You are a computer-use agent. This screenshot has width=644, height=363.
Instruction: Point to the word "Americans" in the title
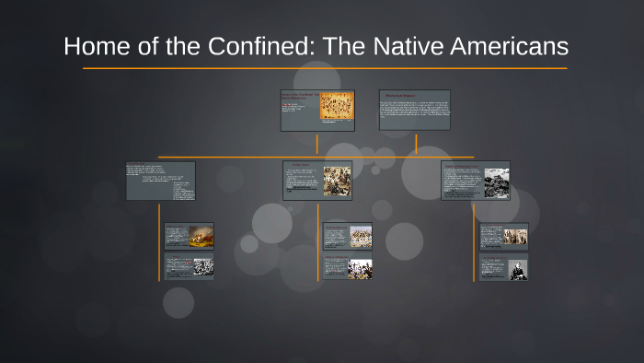[x=524, y=46]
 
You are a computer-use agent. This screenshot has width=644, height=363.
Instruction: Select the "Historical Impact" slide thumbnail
[x=415, y=110]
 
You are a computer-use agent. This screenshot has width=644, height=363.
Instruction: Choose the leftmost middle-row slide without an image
[x=160, y=181]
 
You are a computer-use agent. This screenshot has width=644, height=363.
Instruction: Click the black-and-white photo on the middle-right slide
[x=497, y=181]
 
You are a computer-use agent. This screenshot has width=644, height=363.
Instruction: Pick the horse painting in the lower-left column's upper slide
[x=201, y=237]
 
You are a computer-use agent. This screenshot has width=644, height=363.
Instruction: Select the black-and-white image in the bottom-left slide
[x=202, y=267]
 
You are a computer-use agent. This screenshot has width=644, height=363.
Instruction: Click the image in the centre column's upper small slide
[x=360, y=237]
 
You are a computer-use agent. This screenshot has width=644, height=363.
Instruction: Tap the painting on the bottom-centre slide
[x=360, y=268]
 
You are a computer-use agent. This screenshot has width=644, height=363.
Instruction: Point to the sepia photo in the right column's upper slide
[x=515, y=237]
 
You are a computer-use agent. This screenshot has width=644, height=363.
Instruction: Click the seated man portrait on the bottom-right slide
[x=518, y=268]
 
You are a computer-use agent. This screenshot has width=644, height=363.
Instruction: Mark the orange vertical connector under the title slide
[x=316, y=144]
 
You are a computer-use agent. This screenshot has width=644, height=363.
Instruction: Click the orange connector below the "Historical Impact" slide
[x=416, y=143]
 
